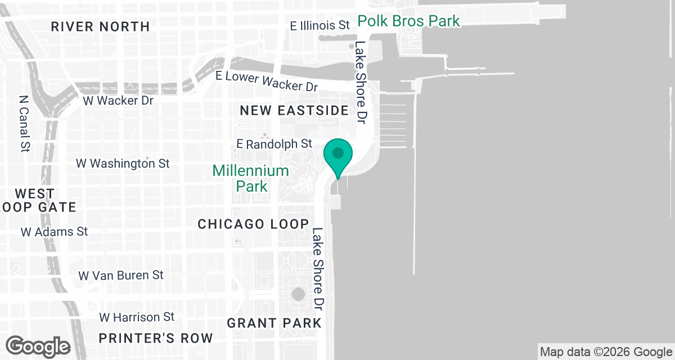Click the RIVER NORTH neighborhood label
coord(100,26)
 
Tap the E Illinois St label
coord(320,25)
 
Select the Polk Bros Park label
coord(409,21)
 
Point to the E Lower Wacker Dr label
coord(267,80)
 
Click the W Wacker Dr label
coord(118,101)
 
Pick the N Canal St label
coord(24,123)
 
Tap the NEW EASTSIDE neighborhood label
coord(294,111)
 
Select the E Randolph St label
coord(274,144)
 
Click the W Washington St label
coord(123,164)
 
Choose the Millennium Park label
coord(251,178)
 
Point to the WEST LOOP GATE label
coord(38,201)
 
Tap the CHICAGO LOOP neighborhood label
coord(253,224)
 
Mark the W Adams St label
coord(55,231)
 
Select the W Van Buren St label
coord(121,275)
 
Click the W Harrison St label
coord(137,317)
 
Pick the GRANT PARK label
coord(274,323)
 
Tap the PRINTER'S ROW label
coord(156,338)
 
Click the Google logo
coord(38,346)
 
